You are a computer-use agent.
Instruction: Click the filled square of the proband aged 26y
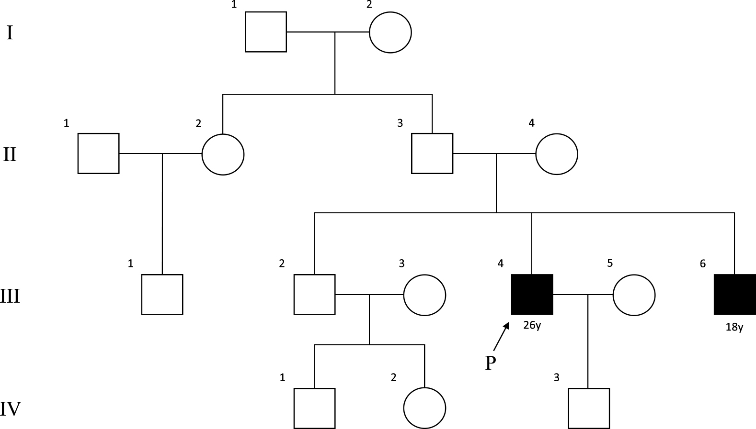point(532,295)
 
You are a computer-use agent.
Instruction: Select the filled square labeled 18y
point(734,295)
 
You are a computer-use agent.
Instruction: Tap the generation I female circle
point(390,32)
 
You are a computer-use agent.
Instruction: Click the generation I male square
point(266,32)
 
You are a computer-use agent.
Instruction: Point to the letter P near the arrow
point(490,364)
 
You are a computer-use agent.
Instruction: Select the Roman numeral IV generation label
point(11,409)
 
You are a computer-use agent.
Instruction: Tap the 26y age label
point(532,327)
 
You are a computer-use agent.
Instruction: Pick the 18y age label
point(734,328)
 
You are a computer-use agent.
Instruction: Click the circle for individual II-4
point(556,154)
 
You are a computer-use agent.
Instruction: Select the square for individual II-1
point(99,154)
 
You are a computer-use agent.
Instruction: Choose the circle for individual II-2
point(223,154)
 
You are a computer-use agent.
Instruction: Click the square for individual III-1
point(162,295)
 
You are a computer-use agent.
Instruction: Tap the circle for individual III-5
point(634,295)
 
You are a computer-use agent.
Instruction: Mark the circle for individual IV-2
point(424,408)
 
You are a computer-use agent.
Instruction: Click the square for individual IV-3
point(589,408)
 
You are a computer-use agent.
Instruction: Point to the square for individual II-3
point(432,154)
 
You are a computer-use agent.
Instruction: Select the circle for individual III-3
point(424,295)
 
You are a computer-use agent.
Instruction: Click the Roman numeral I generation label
point(10,33)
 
